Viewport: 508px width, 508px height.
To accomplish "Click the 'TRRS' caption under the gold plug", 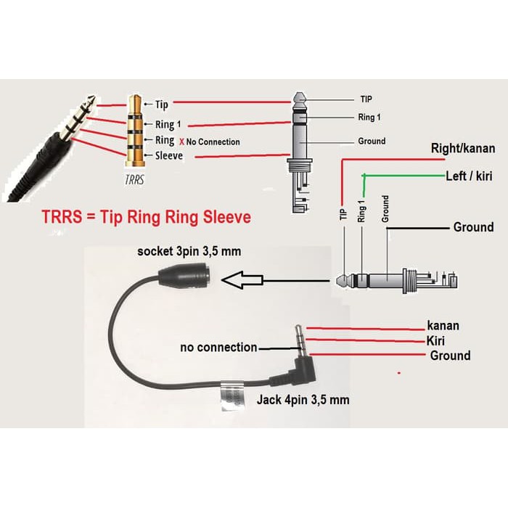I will (x=132, y=180).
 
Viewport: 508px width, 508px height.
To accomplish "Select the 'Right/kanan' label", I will (x=463, y=149).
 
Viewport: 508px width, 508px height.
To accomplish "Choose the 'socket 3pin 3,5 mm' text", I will (x=189, y=252).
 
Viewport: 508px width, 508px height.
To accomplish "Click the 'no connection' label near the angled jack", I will (x=218, y=348).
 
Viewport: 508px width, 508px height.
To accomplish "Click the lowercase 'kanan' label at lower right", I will (x=443, y=326).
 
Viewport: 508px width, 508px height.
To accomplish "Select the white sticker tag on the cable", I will (x=231, y=396).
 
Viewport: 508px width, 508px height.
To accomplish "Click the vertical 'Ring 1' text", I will (x=361, y=208).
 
